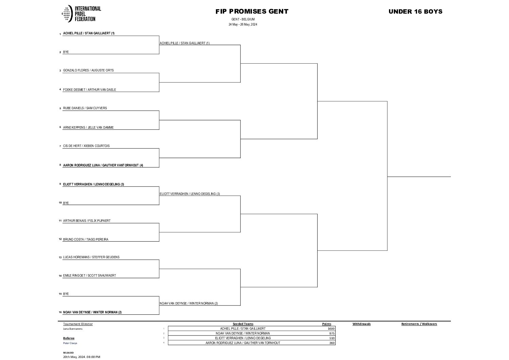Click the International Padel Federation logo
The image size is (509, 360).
[x=81, y=14]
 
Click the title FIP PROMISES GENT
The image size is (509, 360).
[x=252, y=12]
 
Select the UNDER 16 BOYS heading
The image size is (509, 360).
[x=415, y=12]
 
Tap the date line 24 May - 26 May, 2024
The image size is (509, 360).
[x=242, y=24]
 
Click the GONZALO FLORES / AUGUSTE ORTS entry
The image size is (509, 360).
[x=88, y=70]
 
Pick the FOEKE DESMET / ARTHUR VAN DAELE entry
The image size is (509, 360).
[x=89, y=90]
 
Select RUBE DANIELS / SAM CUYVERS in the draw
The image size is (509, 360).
[x=85, y=108]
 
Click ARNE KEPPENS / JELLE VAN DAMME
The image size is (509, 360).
[x=88, y=128]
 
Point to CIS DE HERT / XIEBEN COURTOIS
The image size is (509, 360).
[x=86, y=146]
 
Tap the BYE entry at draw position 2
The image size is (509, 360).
[x=66, y=52]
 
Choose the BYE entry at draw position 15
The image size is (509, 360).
[x=66, y=294]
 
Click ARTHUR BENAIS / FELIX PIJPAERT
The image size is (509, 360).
[x=87, y=221]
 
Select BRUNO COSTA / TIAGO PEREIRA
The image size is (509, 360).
[x=86, y=240]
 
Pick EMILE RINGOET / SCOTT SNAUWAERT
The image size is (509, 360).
[x=89, y=276]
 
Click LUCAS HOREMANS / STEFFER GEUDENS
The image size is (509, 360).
[x=91, y=257]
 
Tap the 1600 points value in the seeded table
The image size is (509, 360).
[x=331, y=329]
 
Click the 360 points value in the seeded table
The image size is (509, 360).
[x=332, y=343]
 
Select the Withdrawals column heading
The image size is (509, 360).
[x=361, y=324]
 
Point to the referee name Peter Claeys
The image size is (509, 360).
[x=70, y=343]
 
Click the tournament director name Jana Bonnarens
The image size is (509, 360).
[x=73, y=329]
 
